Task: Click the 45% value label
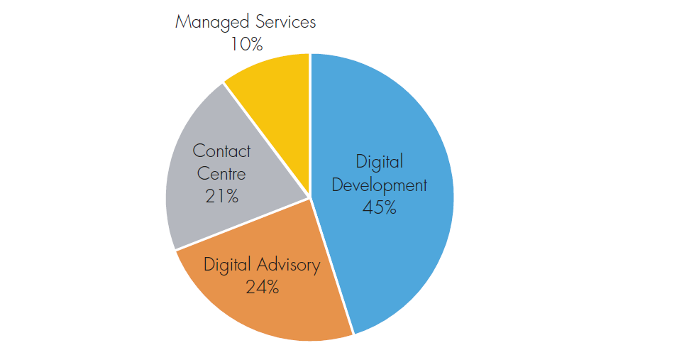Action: click(379, 208)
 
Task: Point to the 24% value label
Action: click(262, 287)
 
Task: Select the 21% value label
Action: click(221, 195)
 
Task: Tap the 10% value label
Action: click(246, 44)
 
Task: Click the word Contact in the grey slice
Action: click(221, 151)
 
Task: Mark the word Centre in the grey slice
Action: click(221, 173)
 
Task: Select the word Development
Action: click(380, 185)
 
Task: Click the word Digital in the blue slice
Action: click(380, 162)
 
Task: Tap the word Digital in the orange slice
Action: click(227, 266)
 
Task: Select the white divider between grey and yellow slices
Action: click(266, 138)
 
